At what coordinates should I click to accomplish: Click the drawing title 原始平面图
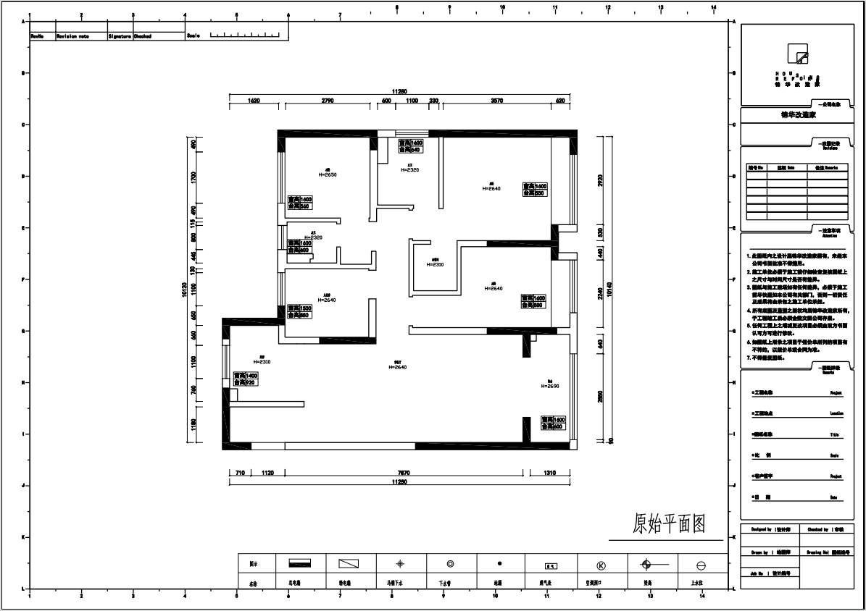tap(669, 523)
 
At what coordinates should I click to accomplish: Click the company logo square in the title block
tap(798, 54)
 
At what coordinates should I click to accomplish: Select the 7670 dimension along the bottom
tap(404, 473)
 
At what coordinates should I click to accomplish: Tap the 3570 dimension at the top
tap(496, 101)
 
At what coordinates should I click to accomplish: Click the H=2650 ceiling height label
tap(328, 174)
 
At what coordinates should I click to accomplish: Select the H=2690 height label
tap(550, 386)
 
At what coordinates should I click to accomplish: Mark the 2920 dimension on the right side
tap(600, 181)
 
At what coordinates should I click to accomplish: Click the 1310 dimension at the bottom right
tap(549, 473)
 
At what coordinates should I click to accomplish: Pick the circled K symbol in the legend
tap(601, 565)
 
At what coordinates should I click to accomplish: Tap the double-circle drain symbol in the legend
tap(450, 563)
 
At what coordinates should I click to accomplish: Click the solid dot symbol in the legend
tap(500, 562)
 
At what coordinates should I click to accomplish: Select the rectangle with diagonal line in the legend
tap(349, 563)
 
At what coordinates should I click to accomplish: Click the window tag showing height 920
tap(246, 379)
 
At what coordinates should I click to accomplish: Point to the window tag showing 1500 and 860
tap(300, 311)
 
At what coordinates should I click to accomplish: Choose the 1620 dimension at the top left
tap(254, 101)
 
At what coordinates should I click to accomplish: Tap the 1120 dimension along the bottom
tap(267, 473)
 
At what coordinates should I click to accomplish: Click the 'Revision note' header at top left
tap(73, 35)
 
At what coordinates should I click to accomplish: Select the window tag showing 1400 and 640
tap(410, 146)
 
